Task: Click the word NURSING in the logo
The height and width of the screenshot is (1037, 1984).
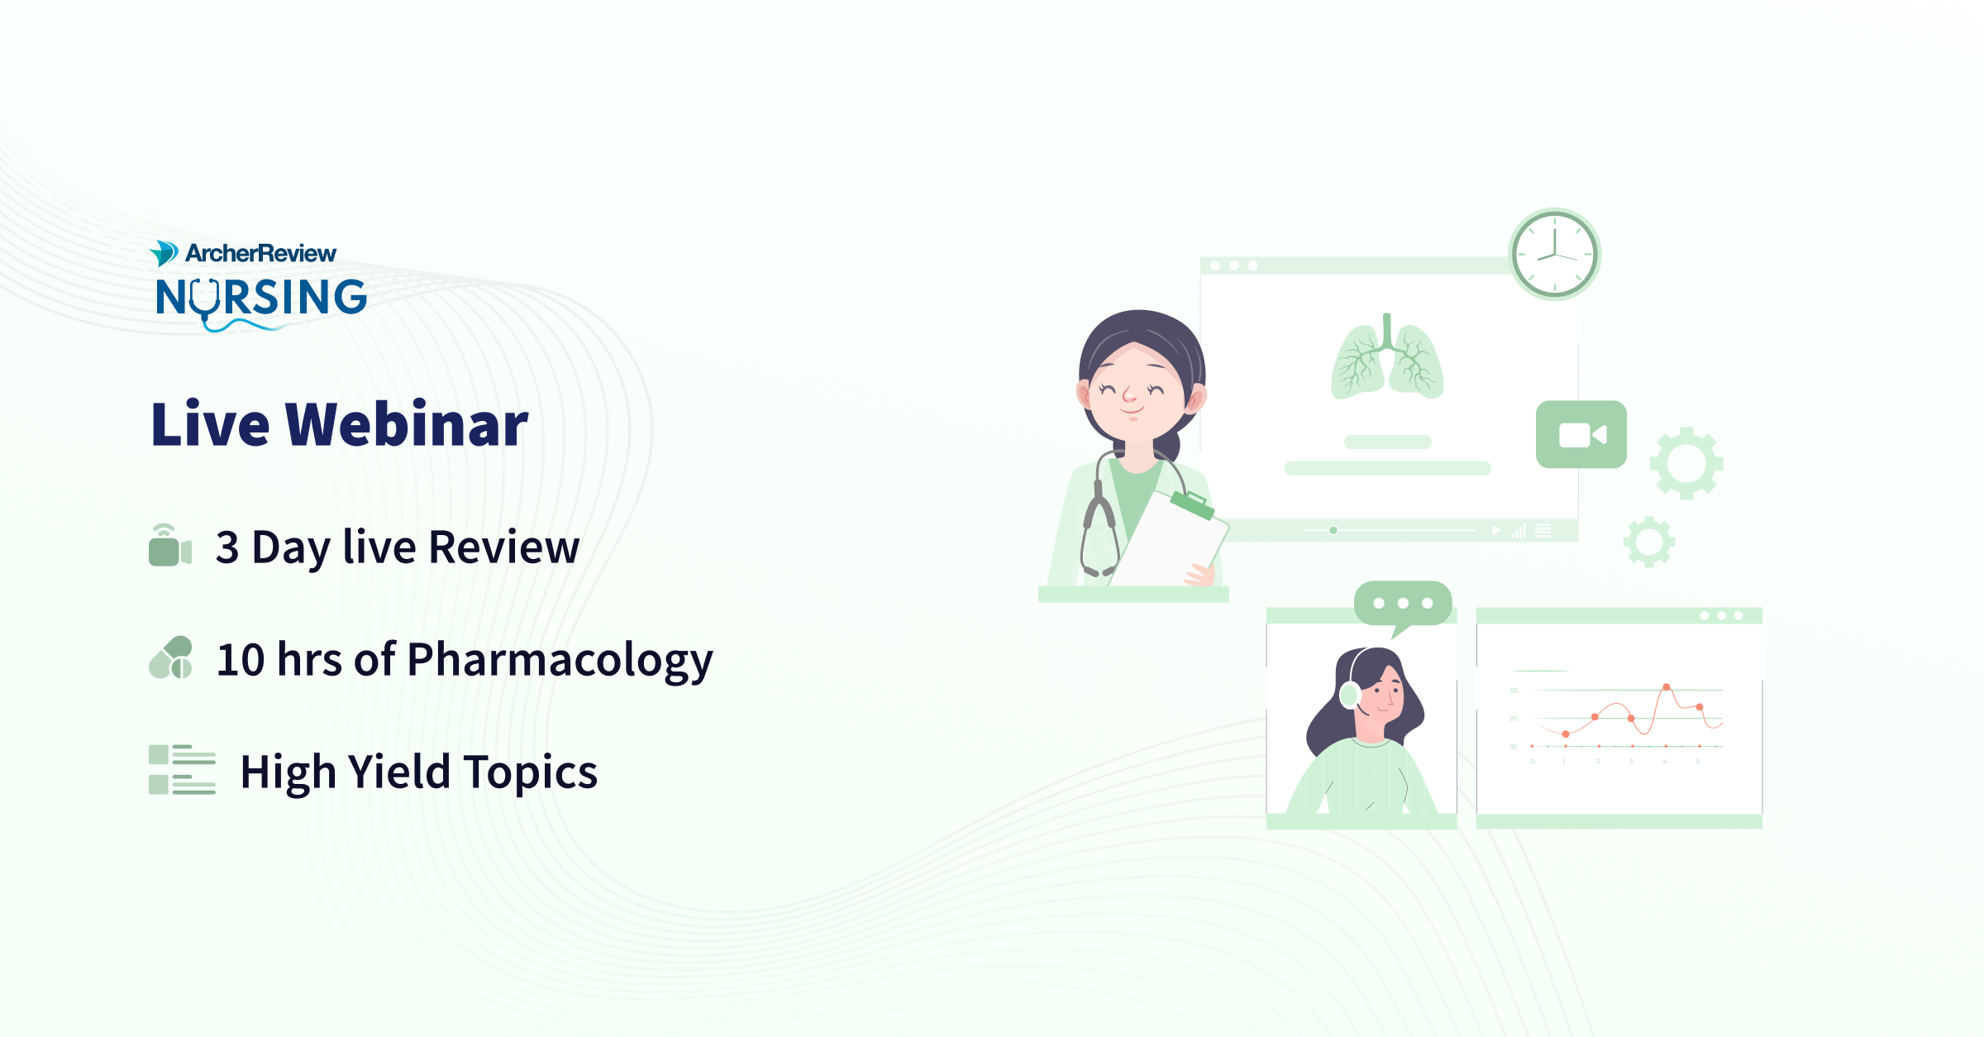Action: [x=261, y=298]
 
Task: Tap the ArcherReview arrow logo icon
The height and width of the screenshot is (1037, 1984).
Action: [x=164, y=253]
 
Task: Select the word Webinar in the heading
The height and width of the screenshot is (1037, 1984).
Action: [x=407, y=425]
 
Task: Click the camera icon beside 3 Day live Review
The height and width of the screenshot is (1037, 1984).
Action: [x=169, y=546]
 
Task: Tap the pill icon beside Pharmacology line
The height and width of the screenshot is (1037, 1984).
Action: [x=171, y=658]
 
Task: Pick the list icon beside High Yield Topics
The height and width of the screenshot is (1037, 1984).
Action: [x=182, y=770]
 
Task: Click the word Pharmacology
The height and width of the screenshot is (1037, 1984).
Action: [x=560, y=660]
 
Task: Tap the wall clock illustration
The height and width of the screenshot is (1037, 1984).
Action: [x=1554, y=254]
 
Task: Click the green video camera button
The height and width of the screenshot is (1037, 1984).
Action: [x=1581, y=435]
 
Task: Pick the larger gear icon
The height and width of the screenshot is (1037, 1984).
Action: [x=1686, y=463]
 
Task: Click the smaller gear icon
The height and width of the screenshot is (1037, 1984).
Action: [x=1649, y=542]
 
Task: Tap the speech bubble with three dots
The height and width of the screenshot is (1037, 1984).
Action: [x=1403, y=604]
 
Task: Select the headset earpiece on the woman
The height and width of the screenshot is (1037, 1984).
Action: [x=1349, y=695]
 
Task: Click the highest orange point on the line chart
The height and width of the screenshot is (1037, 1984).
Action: [x=1667, y=687]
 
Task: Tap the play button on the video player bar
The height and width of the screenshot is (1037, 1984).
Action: [x=1495, y=531]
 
